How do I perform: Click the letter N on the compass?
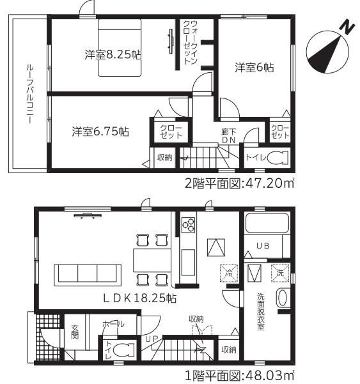[347, 27]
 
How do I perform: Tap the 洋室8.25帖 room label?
[113, 54]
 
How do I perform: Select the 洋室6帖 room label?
[254, 67]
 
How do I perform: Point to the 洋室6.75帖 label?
[100, 132]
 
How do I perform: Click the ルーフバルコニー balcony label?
[30, 94]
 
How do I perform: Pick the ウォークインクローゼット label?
[190, 42]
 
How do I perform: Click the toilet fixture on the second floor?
[278, 157]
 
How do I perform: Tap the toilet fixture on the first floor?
[124, 349]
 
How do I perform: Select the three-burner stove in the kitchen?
[188, 225]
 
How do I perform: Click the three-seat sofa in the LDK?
[88, 275]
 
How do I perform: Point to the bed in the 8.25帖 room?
[120, 47]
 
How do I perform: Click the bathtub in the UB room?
[267, 222]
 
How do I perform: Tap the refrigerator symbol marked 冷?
[229, 273]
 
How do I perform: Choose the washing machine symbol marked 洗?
[280, 273]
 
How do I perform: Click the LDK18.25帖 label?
[139, 298]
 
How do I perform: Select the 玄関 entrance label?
[75, 332]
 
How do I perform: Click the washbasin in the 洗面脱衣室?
[283, 298]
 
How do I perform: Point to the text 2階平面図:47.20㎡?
[239, 183]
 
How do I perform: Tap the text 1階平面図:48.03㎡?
[239, 376]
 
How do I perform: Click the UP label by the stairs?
[152, 339]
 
